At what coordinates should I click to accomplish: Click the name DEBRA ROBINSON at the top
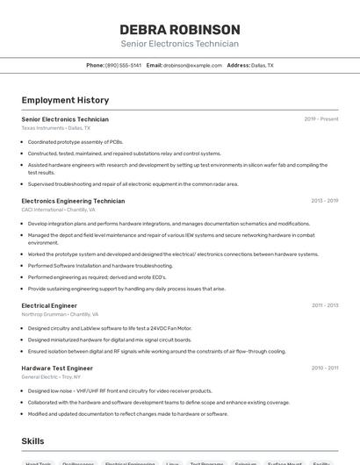[179, 29]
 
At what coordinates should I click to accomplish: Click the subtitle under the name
[179, 44]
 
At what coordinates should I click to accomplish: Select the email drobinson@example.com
[192, 65]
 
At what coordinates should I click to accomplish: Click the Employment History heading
[65, 100]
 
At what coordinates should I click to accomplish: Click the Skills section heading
[33, 440]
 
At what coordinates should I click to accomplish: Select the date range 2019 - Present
[321, 119]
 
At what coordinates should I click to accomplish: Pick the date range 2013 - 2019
[325, 201]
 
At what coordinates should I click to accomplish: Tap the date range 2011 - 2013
[325, 305]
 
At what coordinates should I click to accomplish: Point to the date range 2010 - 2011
[325, 368]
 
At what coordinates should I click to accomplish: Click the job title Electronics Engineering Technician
[73, 201]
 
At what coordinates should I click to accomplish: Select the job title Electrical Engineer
[49, 305]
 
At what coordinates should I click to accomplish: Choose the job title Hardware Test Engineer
[57, 368]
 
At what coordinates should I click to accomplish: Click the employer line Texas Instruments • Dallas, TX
[56, 128]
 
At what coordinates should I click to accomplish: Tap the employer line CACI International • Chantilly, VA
[59, 210]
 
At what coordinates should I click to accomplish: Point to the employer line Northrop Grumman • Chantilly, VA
[60, 314]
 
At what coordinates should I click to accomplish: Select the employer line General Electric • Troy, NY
[52, 377]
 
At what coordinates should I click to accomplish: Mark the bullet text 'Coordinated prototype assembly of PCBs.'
[76, 141]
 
